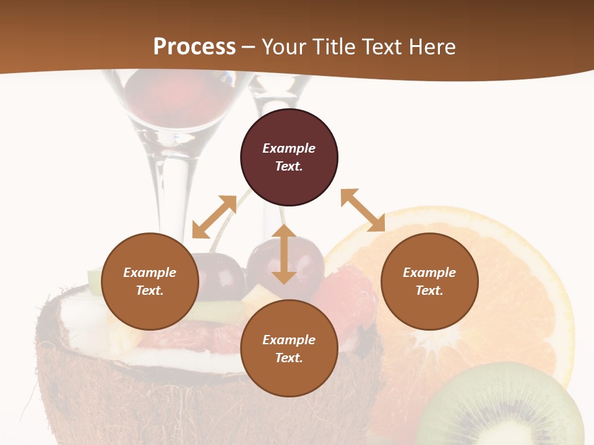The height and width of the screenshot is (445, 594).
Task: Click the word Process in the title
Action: pyautogui.click(x=194, y=47)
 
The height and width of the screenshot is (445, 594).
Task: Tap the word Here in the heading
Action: pyautogui.click(x=431, y=47)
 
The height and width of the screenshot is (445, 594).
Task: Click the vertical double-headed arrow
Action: pyautogui.click(x=284, y=254)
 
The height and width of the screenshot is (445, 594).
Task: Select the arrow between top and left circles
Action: pyautogui.click(x=214, y=217)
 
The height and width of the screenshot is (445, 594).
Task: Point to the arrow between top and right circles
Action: pyautogui.click(x=363, y=210)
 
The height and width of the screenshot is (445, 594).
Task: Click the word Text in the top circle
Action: pyautogui.click(x=289, y=166)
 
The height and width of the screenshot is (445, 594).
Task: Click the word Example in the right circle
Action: pyautogui.click(x=429, y=273)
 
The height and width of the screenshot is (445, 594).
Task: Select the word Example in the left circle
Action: pyautogui.click(x=150, y=273)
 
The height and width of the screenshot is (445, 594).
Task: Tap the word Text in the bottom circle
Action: pyautogui.click(x=289, y=358)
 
